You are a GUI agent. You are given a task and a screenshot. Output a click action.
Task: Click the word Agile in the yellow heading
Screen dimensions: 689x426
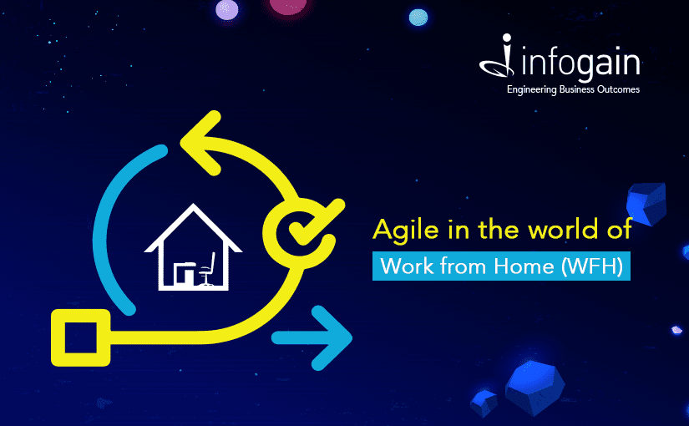click(x=406, y=231)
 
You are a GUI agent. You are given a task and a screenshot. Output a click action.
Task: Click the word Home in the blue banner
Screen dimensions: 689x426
click(x=524, y=266)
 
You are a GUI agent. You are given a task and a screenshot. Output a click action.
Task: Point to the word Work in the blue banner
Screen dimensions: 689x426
click(x=407, y=266)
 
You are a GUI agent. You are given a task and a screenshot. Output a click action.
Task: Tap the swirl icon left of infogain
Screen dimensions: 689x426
click(x=498, y=56)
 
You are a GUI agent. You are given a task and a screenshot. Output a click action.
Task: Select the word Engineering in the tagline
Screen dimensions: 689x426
click(x=532, y=89)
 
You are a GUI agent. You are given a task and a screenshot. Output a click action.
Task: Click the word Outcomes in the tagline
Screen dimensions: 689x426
click(x=618, y=89)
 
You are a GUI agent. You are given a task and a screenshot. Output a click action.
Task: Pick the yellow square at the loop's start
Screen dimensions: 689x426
click(x=80, y=337)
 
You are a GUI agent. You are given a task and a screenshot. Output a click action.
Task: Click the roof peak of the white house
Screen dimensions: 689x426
click(x=193, y=205)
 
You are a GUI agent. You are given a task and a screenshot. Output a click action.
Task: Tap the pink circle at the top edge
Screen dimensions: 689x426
click(x=288, y=6)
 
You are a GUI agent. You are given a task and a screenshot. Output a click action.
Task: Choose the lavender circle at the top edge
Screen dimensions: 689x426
click(x=227, y=10)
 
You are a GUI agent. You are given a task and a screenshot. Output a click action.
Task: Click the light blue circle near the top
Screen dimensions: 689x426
click(x=418, y=18)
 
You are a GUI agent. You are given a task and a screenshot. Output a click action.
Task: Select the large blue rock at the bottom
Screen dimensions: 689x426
click(x=534, y=388)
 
